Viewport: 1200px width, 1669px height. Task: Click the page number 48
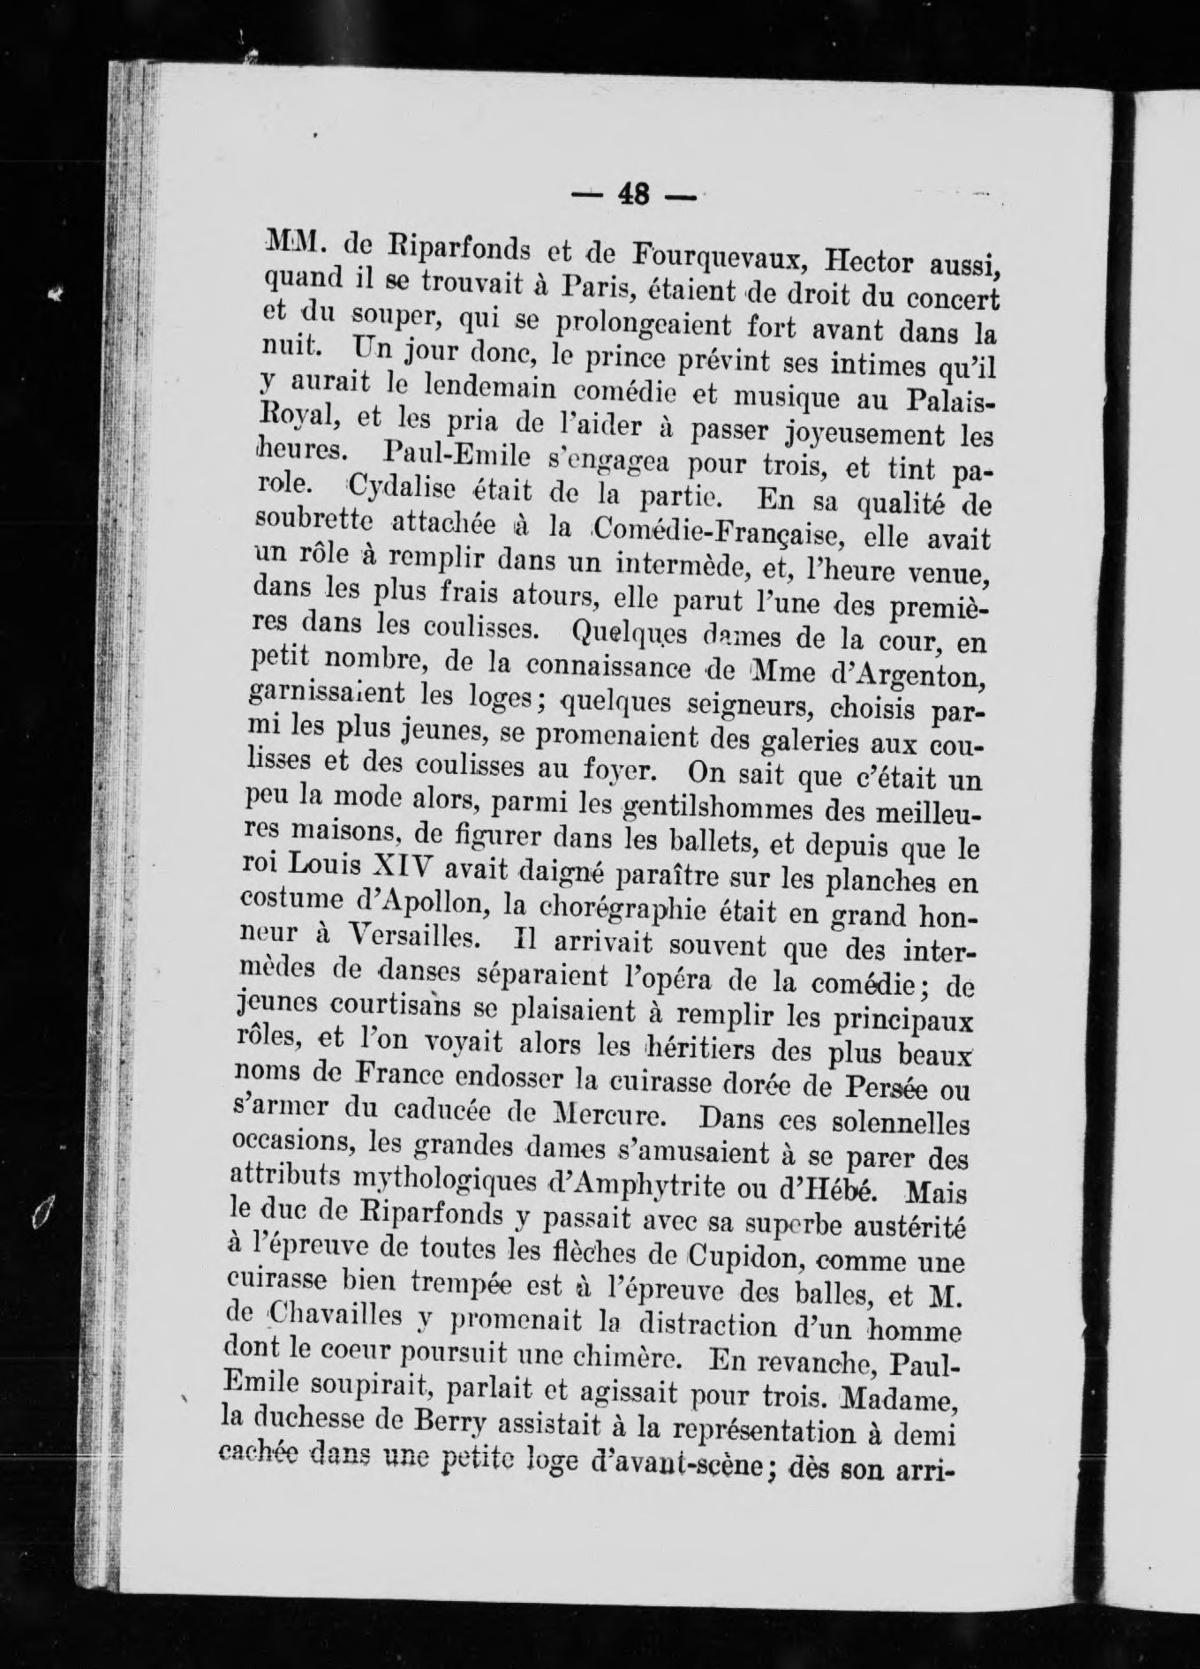(633, 193)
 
